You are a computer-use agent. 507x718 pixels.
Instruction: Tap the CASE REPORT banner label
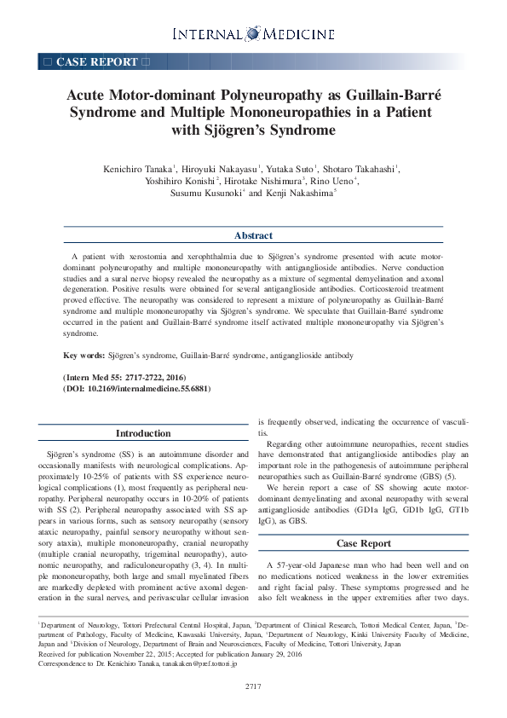click(95, 61)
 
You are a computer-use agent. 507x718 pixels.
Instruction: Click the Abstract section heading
click(253, 235)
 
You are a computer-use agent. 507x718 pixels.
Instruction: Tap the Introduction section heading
click(143, 434)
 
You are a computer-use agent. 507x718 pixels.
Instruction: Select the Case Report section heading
click(363, 543)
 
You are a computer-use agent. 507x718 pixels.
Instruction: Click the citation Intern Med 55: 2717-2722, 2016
click(124, 377)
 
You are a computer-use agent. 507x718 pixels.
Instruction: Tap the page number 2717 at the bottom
click(253, 686)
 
